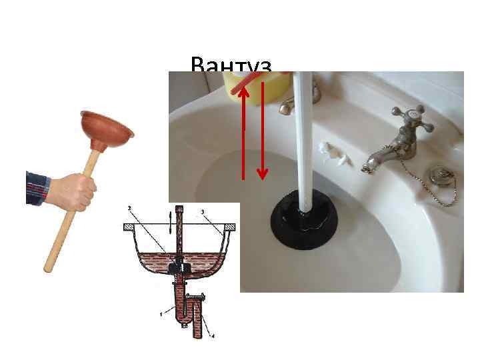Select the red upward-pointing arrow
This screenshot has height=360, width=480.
pyautogui.click(x=244, y=133)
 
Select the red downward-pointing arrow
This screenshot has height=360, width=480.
pyautogui.click(x=262, y=133)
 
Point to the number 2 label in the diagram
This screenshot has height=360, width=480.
pyautogui.click(x=130, y=208)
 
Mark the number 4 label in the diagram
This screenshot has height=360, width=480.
pyautogui.click(x=213, y=335)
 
